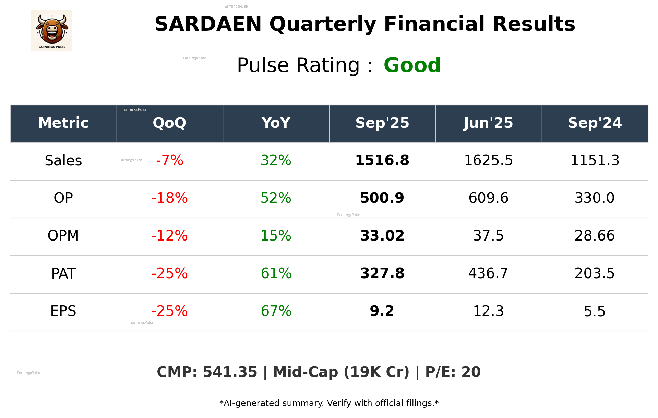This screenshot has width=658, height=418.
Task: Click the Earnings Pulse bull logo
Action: pos(51,31)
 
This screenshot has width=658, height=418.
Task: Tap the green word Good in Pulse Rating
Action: pos(412,65)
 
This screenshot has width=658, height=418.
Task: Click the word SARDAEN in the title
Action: pos(208,24)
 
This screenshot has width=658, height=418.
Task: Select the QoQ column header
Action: pos(169,123)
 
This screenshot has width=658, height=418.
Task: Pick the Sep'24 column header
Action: pos(595,123)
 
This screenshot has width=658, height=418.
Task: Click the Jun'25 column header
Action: pos(488,123)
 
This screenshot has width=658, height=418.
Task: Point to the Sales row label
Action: pos(63,161)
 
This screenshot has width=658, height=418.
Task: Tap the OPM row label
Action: pos(63,236)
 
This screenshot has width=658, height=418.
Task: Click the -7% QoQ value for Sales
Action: pos(170,160)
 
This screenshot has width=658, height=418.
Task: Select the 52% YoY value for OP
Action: pos(276,198)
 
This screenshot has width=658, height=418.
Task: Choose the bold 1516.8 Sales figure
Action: pos(382,160)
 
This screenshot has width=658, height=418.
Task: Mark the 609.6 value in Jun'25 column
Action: pos(488,198)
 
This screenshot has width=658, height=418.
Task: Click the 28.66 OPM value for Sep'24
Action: pos(595,236)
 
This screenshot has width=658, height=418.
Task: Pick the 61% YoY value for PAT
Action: pos(276,273)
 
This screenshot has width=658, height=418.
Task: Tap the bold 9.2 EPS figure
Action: pos(382,311)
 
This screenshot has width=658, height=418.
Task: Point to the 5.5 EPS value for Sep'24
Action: pos(595,311)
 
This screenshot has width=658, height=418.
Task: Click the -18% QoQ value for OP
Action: pos(169,198)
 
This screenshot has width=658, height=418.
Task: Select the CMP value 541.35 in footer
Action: pos(230,372)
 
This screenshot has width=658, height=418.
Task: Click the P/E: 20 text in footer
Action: pos(453,372)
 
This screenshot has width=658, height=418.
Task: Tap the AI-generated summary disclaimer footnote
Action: pos(329,403)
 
